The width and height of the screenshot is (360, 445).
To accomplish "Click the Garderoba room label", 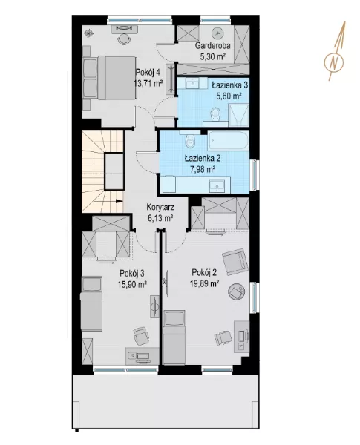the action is point(212,45).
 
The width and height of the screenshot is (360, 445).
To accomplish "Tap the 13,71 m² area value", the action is point(148,83).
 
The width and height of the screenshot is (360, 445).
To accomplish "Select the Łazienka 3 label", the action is point(229,85).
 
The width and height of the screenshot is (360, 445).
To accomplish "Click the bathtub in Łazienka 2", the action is point(229,141).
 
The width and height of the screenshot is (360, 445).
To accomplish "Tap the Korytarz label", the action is point(160,207).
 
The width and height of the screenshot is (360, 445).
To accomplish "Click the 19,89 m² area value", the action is point(204,283).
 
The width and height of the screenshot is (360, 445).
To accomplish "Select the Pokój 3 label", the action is point(132,273).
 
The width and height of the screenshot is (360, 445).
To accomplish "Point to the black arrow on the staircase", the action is point(120,201).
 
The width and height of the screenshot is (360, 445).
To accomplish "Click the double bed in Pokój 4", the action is point(109,78).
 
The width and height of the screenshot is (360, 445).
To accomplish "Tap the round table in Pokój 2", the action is point(236,291).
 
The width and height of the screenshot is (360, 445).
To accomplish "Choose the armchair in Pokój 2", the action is point(235,262).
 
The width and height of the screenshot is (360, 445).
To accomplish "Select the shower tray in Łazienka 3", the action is point(239,115).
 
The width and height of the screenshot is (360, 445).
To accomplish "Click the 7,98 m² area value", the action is point(203,170).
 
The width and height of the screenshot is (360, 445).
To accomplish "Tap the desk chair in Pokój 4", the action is point(123,39).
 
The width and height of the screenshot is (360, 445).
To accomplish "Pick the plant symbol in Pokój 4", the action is point(89,33).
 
